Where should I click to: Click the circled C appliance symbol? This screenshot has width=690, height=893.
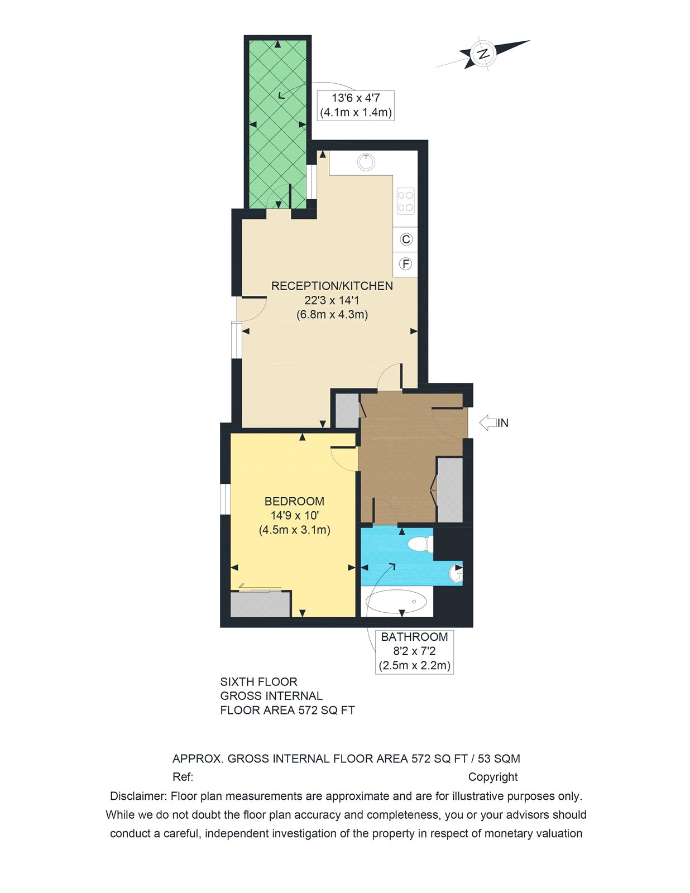pos(406,239)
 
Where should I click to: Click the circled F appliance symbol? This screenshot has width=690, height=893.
pos(406,264)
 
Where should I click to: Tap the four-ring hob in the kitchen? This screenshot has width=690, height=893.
pos(406,201)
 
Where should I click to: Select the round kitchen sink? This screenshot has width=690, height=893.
pos(366,162)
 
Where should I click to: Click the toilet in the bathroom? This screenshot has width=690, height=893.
pos(420,544)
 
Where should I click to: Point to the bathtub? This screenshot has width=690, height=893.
pos(396,602)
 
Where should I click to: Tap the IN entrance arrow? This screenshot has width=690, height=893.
pos(489,423)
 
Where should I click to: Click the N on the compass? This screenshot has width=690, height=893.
pos(483,54)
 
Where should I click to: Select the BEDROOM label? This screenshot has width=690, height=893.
pos(294,501)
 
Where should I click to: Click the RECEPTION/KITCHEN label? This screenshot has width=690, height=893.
pos(332,286)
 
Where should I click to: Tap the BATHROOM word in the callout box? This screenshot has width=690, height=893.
pos(414,637)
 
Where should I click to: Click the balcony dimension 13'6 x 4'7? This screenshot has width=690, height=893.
pos(356,98)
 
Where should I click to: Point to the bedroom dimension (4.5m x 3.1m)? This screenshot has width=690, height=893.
pos(294,530)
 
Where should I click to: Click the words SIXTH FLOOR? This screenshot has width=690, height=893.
pos(258,681)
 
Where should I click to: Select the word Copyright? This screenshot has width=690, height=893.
pos(493,777)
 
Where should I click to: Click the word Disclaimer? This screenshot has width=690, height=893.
pos(138,796)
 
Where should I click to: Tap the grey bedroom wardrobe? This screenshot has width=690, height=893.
pos(261,604)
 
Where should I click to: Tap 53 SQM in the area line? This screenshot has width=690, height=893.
pos(499,758)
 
